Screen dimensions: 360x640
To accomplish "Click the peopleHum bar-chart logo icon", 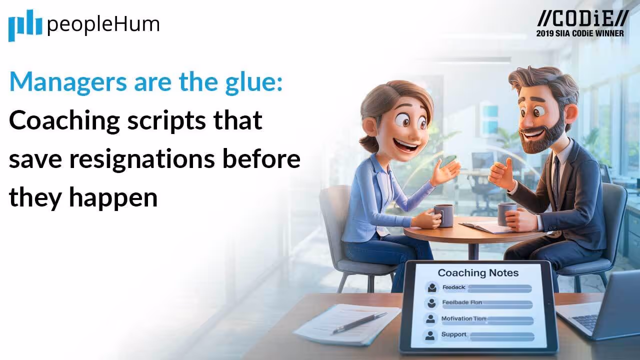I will coord(25,25).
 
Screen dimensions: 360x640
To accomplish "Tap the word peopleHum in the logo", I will coord(103,24).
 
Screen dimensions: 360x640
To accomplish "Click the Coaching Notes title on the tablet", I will coord(478,273).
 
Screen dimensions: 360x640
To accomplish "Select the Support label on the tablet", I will coord(453,334).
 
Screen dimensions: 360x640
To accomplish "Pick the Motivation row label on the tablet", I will coord(456,318).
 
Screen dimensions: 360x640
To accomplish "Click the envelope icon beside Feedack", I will coord(431,287).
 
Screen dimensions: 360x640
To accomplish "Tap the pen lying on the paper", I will coord(359,322).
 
